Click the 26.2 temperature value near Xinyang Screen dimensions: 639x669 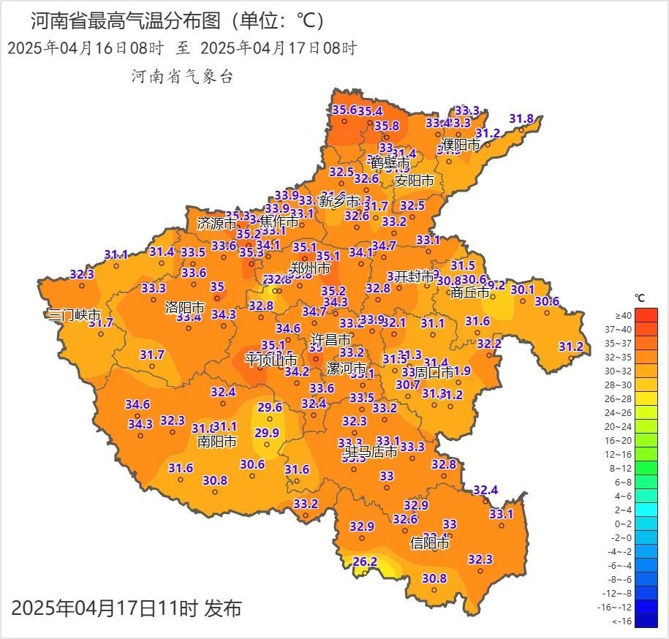click(365, 562)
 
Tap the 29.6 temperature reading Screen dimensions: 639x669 click(269, 407)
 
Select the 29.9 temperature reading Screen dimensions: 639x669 click(266, 432)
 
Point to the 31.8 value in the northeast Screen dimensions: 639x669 click(521, 118)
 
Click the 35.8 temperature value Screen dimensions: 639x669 click(387, 126)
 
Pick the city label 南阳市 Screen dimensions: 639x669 click(217, 442)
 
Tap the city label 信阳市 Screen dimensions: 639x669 click(430, 543)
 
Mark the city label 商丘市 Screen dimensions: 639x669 click(469, 292)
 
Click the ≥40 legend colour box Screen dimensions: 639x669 click(646, 314)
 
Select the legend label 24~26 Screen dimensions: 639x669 click(623, 413)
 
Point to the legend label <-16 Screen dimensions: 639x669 click(622, 621)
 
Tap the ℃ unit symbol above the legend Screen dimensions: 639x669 click(639, 298)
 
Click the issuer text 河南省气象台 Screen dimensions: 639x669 click(182, 77)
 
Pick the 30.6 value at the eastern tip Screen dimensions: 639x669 click(546, 301)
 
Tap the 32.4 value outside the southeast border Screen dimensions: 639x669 click(485, 490)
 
